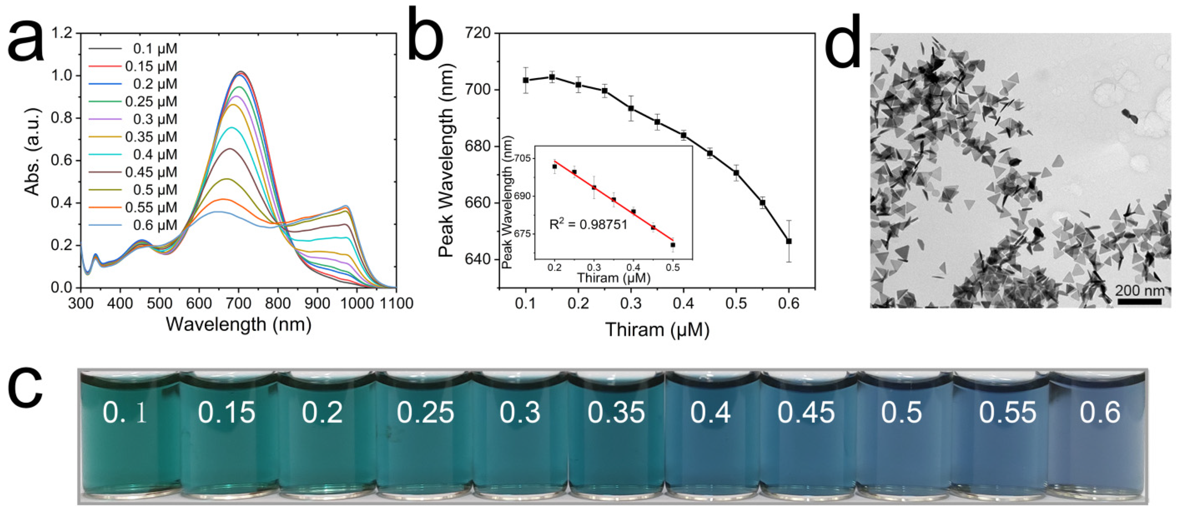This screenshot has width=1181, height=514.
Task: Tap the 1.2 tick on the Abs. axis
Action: point(62,33)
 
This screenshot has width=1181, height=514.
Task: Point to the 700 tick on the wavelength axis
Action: point(239,303)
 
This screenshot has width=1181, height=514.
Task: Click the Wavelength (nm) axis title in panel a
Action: point(239,324)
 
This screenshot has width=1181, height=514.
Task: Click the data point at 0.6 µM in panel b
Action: point(789,241)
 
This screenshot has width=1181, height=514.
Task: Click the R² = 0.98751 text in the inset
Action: point(588,224)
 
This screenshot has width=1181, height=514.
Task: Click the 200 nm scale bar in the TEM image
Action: point(1139,301)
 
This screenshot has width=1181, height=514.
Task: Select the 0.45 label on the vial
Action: point(805,412)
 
